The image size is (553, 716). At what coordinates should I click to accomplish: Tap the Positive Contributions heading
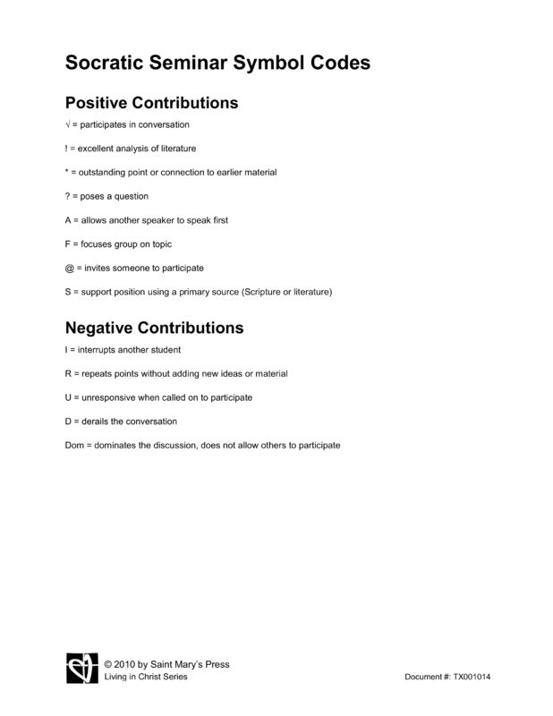click(x=152, y=103)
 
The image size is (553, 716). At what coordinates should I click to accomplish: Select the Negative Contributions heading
click(x=154, y=328)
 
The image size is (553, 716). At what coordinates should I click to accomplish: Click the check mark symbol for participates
click(x=68, y=124)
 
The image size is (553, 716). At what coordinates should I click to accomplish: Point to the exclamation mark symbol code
click(x=68, y=149)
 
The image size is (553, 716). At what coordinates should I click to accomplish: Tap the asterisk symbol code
click(x=68, y=172)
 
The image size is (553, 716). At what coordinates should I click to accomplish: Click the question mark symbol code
click(x=69, y=196)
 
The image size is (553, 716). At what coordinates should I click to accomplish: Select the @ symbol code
click(x=71, y=268)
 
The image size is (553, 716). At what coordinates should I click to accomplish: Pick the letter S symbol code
click(x=69, y=292)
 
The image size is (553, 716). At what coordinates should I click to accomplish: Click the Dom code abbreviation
click(x=75, y=445)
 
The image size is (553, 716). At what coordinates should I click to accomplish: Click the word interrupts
click(x=98, y=349)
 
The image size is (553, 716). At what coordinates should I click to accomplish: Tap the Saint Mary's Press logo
click(x=81, y=669)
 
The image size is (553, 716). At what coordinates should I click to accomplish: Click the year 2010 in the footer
click(x=127, y=664)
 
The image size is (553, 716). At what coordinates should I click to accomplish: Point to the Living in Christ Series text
click(x=146, y=677)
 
